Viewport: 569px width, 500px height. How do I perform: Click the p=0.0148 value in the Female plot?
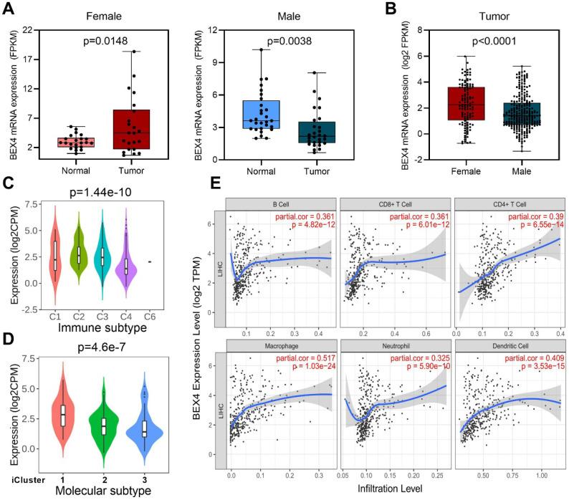point(104,41)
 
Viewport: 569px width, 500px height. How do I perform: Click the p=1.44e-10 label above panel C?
point(100,192)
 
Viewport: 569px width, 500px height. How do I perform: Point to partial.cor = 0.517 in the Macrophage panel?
point(300,359)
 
